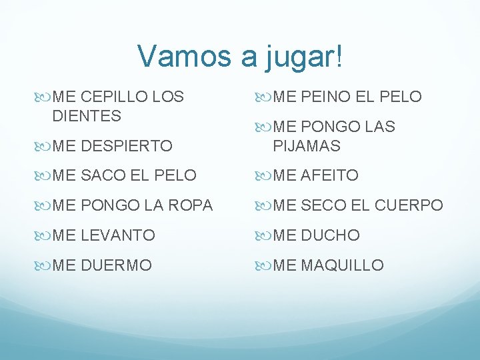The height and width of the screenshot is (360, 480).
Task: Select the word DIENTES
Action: pos(87,116)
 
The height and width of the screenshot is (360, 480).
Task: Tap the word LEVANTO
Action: pos(119,235)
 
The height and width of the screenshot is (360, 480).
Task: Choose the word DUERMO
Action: pos(117,265)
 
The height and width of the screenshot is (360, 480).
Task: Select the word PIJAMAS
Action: pos(307,146)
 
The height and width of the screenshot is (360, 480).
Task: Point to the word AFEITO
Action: pos(330,176)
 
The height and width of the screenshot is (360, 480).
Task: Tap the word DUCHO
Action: pos(331,235)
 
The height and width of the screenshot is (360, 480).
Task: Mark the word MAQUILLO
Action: pos(343,265)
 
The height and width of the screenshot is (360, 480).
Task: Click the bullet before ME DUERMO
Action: pos(43,265)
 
